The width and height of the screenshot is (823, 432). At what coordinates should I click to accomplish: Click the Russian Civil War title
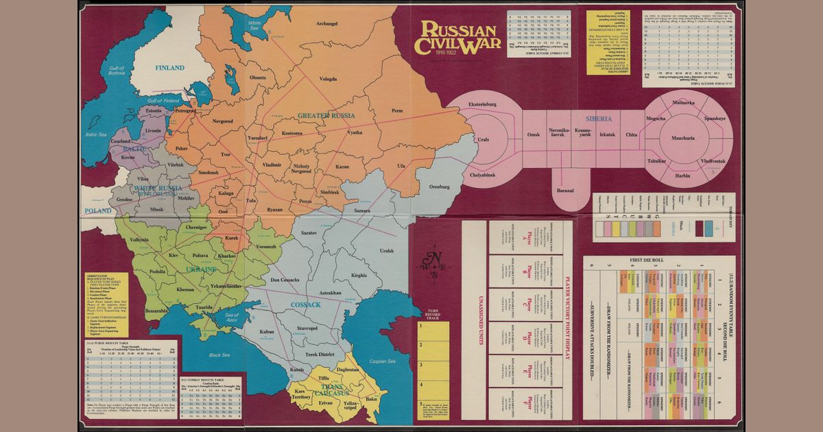pos(458,38)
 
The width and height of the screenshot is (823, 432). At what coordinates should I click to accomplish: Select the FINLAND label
pos(169,68)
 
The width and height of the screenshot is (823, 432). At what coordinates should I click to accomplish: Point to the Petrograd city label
pos(185,110)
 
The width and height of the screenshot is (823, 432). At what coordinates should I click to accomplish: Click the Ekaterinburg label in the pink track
pos(481,104)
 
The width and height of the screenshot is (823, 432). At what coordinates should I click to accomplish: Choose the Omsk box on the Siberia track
pos(534,134)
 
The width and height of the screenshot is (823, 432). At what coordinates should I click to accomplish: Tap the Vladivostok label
pos(713,160)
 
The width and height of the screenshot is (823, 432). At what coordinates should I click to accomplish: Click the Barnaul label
pos(565,190)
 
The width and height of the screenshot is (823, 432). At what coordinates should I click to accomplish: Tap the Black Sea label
pos(219,355)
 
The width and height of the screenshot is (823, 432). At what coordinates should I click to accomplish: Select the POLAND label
pos(97,211)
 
